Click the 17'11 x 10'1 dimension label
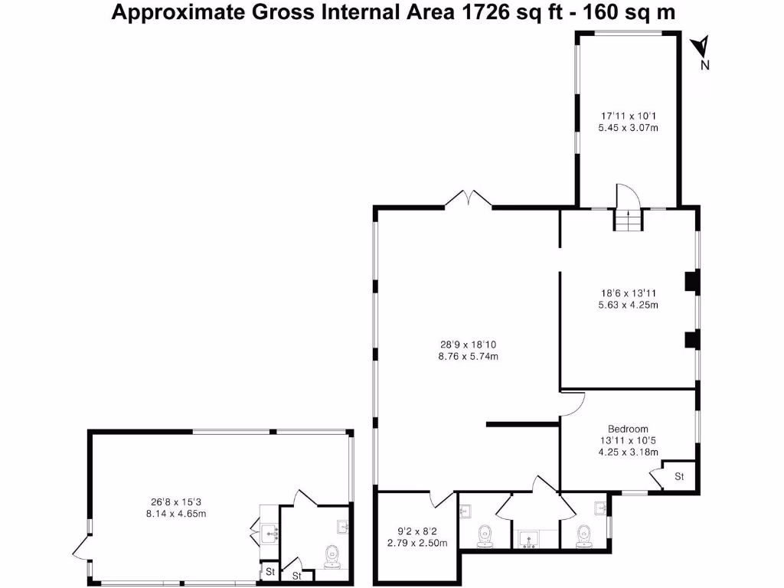(x=628, y=116)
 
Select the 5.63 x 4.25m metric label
(x=628, y=305)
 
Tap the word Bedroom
(x=628, y=429)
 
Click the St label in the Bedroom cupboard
(x=679, y=477)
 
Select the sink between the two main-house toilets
(x=527, y=541)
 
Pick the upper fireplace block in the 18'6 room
(x=691, y=282)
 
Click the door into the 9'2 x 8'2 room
(x=442, y=499)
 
